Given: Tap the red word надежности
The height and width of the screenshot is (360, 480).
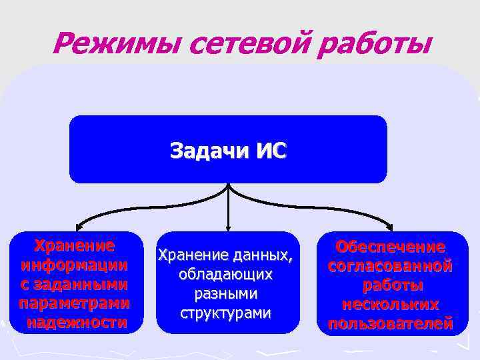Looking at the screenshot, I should pyautogui.click(x=76, y=323).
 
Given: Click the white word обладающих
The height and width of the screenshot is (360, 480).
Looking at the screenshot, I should pyautogui.click(x=225, y=274).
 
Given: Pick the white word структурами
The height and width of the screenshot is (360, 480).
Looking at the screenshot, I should pyautogui.click(x=225, y=313).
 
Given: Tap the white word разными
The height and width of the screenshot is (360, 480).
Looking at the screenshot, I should pyautogui.click(x=225, y=293).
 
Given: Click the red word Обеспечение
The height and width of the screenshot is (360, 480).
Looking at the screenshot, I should pyautogui.click(x=391, y=247).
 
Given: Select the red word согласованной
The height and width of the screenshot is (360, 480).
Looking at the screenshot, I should pyautogui.click(x=391, y=266).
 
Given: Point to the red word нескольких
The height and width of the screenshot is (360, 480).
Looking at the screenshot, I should pyautogui.click(x=391, y=305).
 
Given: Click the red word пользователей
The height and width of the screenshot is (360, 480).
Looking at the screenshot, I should pyautogui.click(x=391, y=324).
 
